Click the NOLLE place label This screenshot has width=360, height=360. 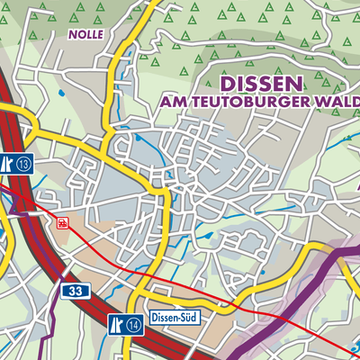click(86, 34)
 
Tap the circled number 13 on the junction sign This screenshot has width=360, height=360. click(23, 163)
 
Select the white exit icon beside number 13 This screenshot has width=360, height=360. click(7, 163)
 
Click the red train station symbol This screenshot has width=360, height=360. click(62, 222)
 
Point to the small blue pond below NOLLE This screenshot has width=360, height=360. click(60, 92)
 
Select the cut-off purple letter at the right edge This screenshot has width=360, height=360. click(356, 190)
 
